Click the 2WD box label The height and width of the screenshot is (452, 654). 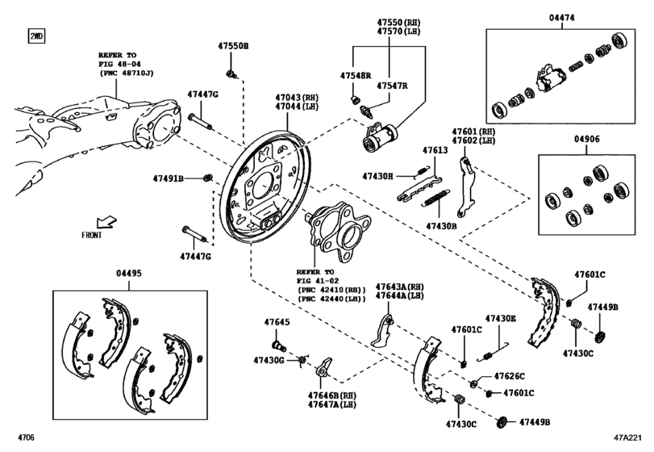coord(36,36)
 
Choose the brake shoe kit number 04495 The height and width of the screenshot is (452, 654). coord(128,274)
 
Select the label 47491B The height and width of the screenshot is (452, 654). coord(169,178)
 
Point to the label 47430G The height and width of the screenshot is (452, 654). coord(269,359)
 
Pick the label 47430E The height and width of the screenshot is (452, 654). coord(500,318)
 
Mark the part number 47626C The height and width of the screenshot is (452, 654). coord(509,377)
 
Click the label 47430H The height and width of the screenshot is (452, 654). coord(377,176)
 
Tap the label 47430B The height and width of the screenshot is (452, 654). coord(441,226)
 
